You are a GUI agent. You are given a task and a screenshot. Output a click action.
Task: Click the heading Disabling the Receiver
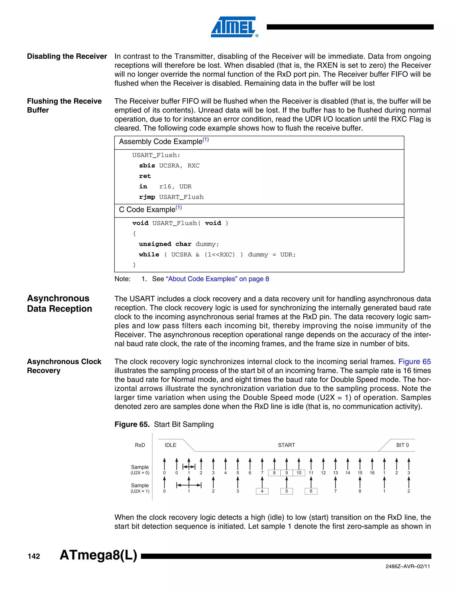click(x=67, y=56)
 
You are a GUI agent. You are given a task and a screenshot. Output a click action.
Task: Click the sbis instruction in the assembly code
click(x=147, y=166)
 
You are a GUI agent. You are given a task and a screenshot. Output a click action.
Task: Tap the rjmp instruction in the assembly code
click(x=147, y=197)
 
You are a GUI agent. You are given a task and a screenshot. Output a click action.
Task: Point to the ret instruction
click(x=145, y=176)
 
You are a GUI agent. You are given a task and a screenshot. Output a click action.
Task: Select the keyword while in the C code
click(x=149, y=254)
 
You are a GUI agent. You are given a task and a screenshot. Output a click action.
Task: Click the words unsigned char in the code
click(x=165, y=244)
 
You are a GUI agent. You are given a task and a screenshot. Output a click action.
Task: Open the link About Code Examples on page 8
click(x=217, y=279)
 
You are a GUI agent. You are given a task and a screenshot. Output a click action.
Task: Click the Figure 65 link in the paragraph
click(x=414, y=362)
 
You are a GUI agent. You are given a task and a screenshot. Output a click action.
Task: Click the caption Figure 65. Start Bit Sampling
click(x=164, y=424)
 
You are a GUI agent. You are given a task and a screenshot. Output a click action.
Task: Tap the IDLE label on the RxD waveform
click(x=170, y=445)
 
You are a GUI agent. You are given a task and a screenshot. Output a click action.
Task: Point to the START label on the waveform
click(x=286, y=445)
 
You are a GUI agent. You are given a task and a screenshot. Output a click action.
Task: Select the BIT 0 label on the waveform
click(x=402, y=445)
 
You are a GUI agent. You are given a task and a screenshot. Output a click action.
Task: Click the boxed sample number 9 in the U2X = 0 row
click(x=286, y=473)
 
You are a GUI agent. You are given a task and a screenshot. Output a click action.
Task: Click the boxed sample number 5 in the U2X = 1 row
click(x=286, y=491)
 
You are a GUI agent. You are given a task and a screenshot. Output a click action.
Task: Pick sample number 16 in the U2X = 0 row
click(x=372, y=473)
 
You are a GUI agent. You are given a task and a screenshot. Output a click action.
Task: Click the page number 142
click(x=34, y=556)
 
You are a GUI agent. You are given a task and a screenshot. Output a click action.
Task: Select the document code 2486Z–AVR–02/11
click(x=407, y=567)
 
